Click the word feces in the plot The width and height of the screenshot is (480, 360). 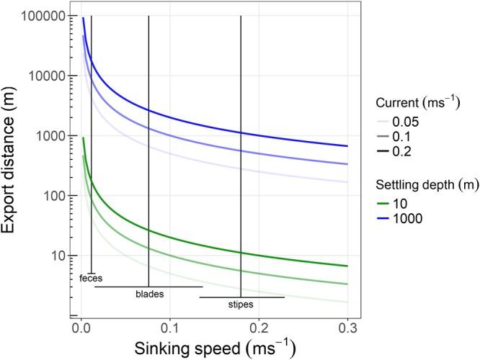tap(91, 277)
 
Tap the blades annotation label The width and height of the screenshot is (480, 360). tap(149, 294)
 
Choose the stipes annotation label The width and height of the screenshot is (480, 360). tap(242, 305)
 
